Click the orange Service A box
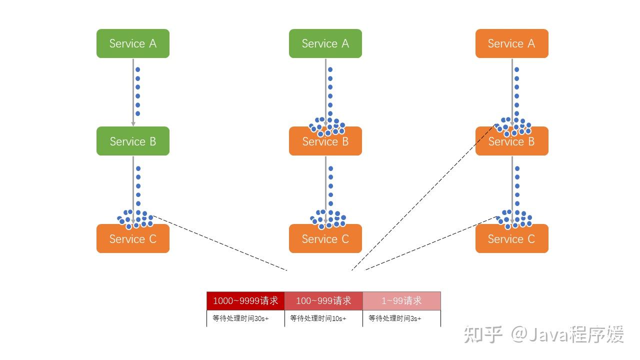click(x=511, y=43)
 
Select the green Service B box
click(x=133, y=141)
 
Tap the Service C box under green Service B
click(x=133, y=238)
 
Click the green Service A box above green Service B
click(x=133, y=43)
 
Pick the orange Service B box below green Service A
click(x=325, y=141)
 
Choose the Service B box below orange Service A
click(x=511, y=141)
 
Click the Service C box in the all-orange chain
click(x=511, y=238)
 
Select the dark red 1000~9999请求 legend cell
click(x=245, y=300)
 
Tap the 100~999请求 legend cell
click(x=323, y=300)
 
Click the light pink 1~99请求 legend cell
click(x=401, y=300)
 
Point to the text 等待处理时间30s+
click(x=240, y=318)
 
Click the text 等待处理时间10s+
click(x=318, y=318)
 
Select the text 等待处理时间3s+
click(x=395, y=318)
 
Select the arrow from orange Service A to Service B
click(x=512, y=90)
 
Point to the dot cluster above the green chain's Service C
click(x=135, y=218)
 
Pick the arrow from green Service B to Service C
click(x=133, y=185)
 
